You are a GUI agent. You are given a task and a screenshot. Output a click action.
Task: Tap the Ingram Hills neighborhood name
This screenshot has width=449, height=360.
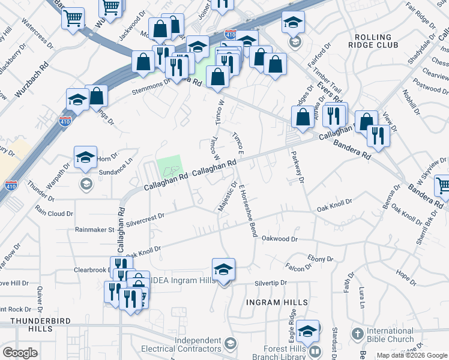(277, 302)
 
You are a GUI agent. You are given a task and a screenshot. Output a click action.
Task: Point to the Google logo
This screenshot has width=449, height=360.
(20, 353)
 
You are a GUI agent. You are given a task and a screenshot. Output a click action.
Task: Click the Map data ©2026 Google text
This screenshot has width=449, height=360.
(411, 355)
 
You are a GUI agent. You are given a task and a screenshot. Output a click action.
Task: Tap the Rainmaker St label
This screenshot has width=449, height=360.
(94, 229)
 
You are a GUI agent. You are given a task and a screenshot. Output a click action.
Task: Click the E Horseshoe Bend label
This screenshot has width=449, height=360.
(248, 211)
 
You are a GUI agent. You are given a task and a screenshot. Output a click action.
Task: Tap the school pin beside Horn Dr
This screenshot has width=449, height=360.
(85, 158)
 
